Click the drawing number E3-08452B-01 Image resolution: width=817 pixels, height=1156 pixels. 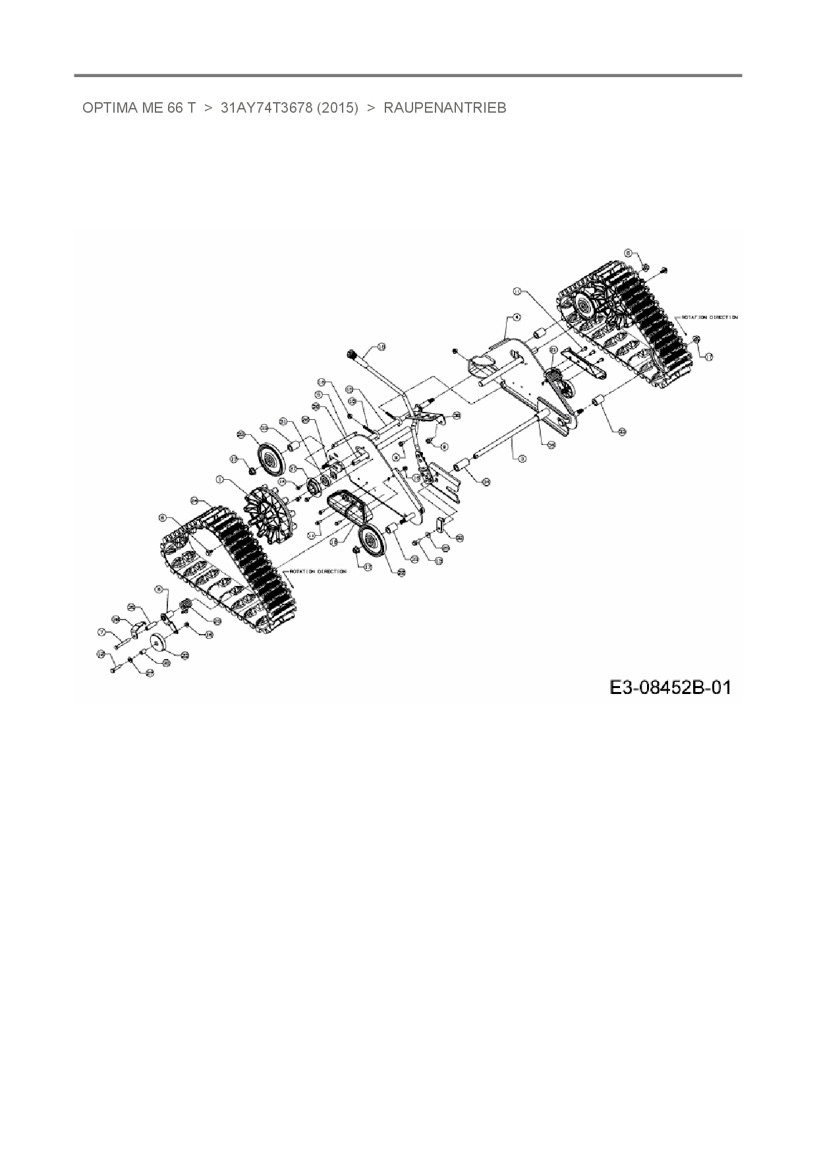coord(669,687)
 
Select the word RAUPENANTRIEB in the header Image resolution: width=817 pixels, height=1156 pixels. coord(445,108)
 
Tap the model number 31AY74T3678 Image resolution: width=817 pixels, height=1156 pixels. coord(266,108)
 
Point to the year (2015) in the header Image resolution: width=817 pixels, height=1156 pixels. coord(337,108)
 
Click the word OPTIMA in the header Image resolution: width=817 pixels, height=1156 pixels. coord(109,108)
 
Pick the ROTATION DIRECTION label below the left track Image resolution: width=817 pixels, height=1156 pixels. coord(318,571)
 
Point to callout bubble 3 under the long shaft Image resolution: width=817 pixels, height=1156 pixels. coord(522,458)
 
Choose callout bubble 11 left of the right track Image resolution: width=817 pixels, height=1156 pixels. coord(517,291)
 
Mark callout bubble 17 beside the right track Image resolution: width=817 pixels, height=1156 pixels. coord(709,357)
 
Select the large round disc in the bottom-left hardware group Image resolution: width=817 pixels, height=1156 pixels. coord(159,641)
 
